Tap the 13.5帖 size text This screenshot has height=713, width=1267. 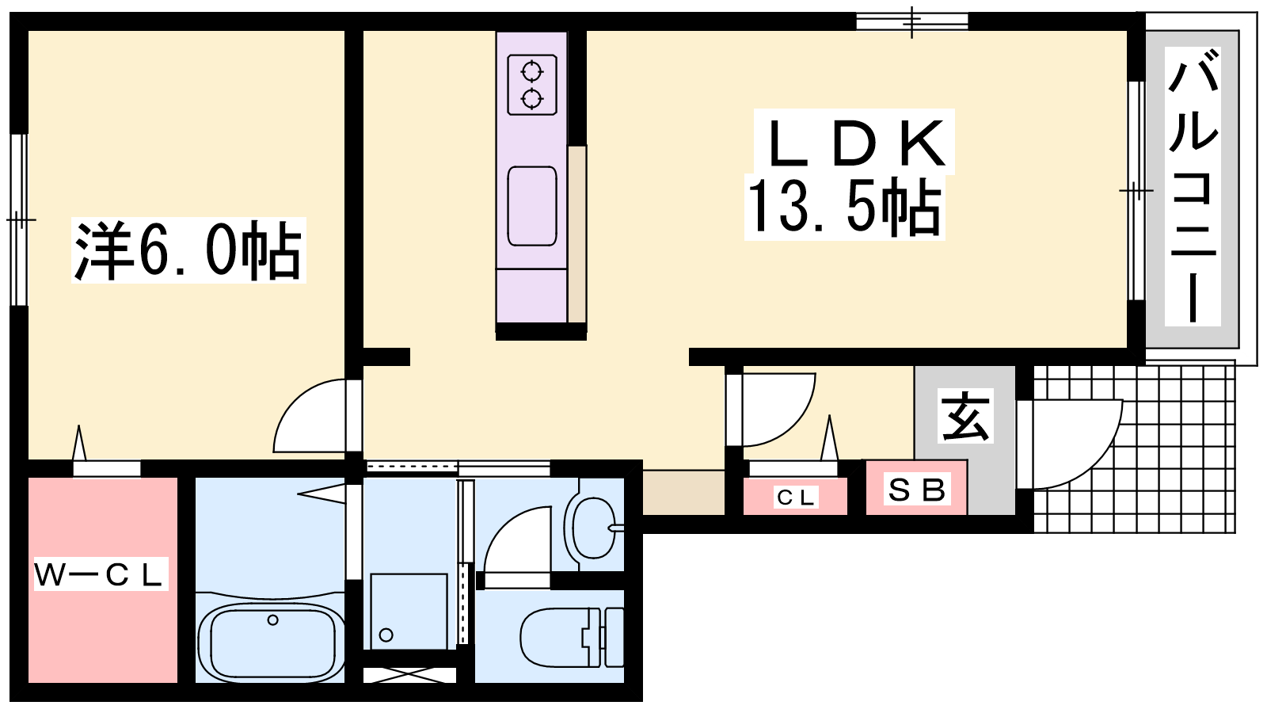845,207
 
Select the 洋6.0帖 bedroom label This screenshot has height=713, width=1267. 188,250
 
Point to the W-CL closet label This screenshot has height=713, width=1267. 101,574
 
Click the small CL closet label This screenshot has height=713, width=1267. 796,498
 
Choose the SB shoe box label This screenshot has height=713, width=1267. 916,490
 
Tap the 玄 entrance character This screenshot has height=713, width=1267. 965,417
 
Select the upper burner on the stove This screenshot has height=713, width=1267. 531,72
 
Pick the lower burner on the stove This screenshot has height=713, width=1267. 531,99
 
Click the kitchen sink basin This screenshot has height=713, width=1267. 531,206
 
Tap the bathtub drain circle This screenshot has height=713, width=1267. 272,620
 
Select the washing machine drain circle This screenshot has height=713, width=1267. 386,635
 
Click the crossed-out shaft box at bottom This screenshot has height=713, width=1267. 409,675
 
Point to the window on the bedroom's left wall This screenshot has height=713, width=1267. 19,219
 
